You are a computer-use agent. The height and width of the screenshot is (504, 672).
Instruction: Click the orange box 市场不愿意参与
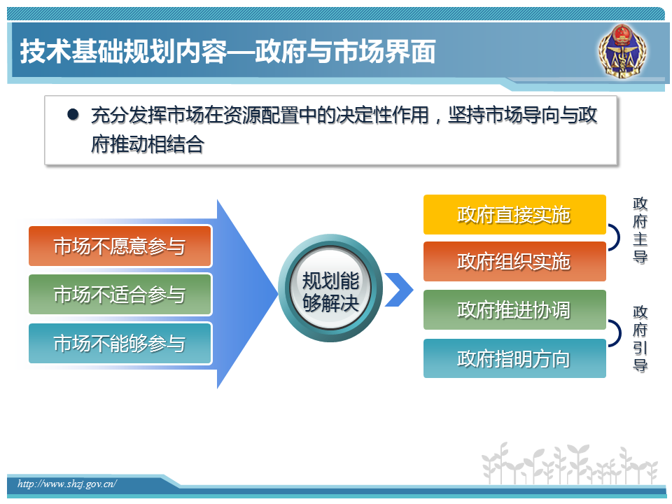coord(120,246)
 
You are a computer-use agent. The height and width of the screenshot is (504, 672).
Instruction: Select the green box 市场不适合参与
coord(120,295)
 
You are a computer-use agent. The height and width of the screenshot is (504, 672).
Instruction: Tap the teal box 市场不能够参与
coord(120,343)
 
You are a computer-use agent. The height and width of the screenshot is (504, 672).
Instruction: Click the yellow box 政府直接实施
coord(514,215)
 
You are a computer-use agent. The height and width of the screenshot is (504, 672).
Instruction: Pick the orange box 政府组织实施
coord(514,261)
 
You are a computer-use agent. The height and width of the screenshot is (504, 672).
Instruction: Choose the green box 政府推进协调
coord(514,310)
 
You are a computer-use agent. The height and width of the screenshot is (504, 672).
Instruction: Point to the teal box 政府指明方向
coord(514,358)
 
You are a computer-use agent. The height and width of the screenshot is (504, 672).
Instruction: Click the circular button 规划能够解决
coord(330,288)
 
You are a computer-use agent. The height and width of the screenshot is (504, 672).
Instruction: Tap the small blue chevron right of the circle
coord(399,290)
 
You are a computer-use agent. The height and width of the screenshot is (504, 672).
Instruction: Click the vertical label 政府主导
coord(640,230)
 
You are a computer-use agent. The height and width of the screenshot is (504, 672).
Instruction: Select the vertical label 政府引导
coord(640,339)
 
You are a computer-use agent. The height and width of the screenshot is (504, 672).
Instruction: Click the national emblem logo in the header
coord(622,51)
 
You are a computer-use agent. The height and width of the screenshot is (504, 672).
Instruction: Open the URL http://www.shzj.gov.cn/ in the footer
coord(67,484)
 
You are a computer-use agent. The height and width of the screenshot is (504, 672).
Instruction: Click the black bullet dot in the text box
coord(73,114)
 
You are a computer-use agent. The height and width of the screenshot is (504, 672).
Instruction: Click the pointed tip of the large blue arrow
coord(278,293)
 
